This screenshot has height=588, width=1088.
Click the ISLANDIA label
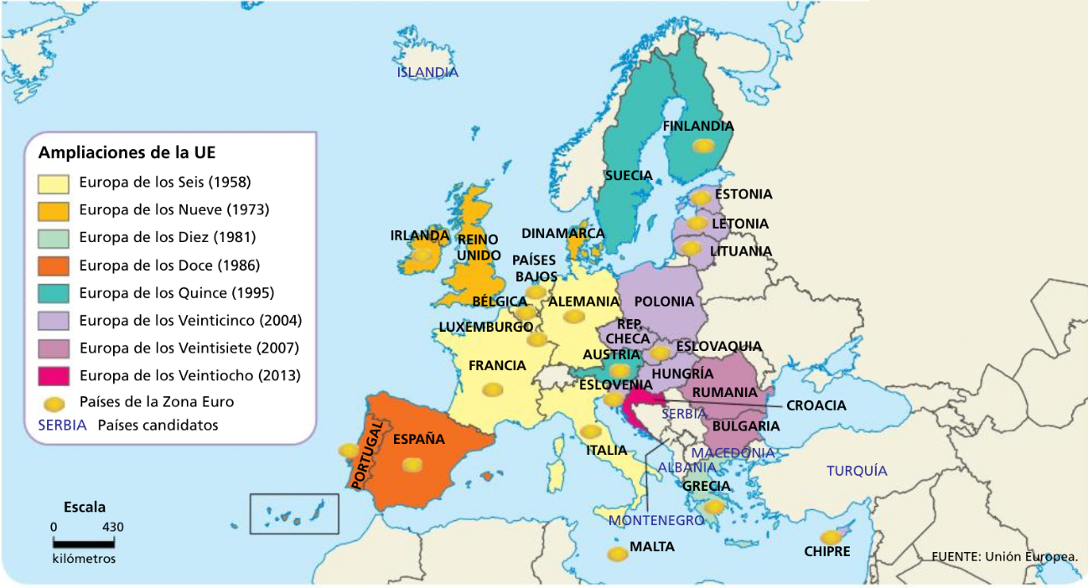[x=427, y=72]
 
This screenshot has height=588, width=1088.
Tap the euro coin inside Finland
[x=703, y=146]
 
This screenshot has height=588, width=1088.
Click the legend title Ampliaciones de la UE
[x=127, y=152]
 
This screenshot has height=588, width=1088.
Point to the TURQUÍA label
[x=857, y=471]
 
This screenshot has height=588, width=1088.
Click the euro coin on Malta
[x=617, y=554]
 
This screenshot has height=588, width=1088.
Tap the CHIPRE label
[x=826, y=551]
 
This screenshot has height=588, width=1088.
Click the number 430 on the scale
[x=112, y=527]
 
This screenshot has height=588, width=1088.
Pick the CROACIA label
[x=816, y=405]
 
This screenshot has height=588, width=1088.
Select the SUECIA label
[x=629, y=176]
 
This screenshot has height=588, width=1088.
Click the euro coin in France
[x=492, y=389]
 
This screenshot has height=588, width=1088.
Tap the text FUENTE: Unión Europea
[x=1004, y=555]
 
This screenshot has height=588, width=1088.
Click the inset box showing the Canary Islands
[x=294, y=513]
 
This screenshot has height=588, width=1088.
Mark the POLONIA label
[x=665, y=302]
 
